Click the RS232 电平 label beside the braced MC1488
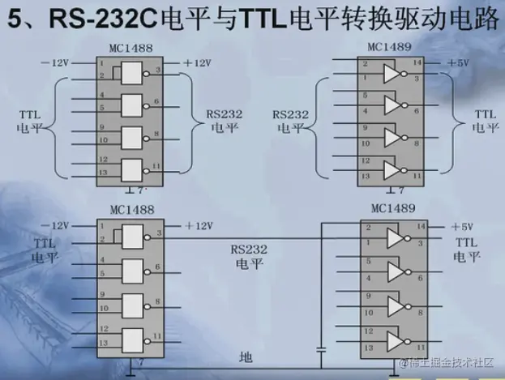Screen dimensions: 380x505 [x=212, y=121]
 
